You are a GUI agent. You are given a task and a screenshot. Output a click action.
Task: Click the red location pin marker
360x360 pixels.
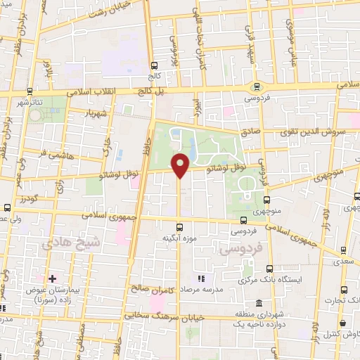pos(181,165)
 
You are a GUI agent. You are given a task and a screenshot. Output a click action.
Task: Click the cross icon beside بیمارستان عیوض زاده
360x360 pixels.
pos(52,279)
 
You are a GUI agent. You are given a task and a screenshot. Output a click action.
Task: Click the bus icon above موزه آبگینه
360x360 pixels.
pos(180,226)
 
